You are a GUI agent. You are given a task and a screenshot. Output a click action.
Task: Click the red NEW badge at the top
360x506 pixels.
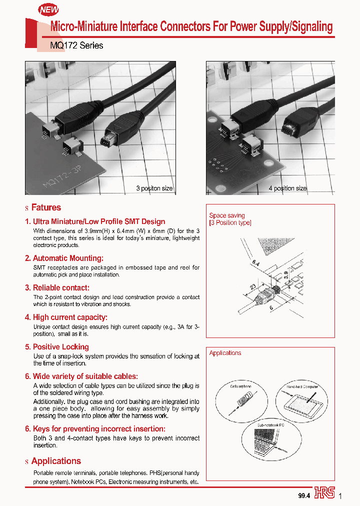tap(49, 9)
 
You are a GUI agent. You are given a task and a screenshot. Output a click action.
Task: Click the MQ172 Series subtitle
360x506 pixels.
tap(77, 45)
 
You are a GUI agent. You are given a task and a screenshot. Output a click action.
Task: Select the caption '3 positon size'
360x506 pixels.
tap(154, 188)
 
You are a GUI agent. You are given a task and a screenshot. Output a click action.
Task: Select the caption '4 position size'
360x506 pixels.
tap(287, 188)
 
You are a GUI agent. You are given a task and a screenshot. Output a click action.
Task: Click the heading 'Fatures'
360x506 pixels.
tap(46, 207)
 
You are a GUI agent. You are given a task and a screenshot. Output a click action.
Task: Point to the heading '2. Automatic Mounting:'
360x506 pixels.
tap(64, 258)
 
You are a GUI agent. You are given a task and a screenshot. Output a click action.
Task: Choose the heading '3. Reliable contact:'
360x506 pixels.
tap(57, 287)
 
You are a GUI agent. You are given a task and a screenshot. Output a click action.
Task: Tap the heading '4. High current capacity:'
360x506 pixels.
tap(66, 317)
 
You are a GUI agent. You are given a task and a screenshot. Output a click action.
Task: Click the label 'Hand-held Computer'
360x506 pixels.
tap(302, 386)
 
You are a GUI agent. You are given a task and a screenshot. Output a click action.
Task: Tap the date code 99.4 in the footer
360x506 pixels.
tap(304, 495)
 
